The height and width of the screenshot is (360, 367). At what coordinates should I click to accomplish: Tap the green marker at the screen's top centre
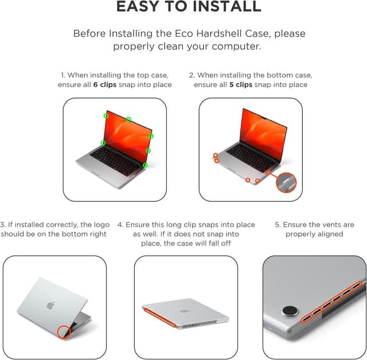128,119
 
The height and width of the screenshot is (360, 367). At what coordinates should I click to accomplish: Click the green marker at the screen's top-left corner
106,116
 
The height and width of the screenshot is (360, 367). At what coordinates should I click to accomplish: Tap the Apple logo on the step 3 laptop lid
50,305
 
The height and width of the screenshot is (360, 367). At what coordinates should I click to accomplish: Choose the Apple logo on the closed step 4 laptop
185,311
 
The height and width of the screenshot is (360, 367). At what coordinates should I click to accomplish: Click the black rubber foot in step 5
290,312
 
